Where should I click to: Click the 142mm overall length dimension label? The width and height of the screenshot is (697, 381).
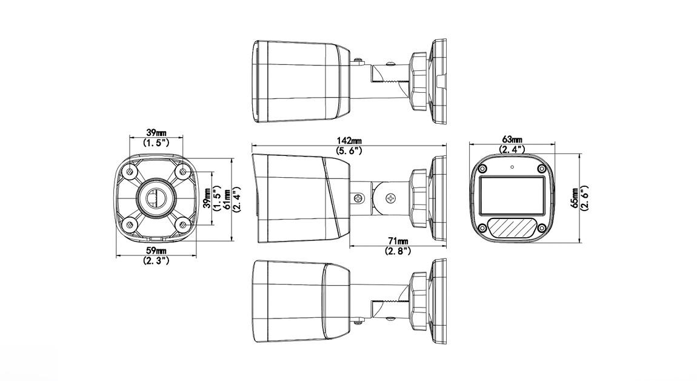pyautogui.click(x=348, y=141)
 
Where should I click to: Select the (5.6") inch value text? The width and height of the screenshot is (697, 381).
pyautogui.click(x=348, y=150)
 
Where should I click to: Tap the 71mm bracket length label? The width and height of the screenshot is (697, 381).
pyautogui.click(x=398, y=241)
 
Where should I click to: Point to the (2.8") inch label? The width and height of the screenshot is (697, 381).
pyautogui.click(x=398, y=250)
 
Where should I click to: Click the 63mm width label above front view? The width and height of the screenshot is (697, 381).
pyautogui.click(x=512, y=140)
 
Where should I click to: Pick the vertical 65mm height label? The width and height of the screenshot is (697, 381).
pyautogui.click(x=575, y=197)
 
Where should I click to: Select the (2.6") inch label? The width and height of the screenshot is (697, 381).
pyautogui.click(x=585, y=197)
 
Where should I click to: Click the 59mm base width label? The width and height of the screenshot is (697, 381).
pyautogui.click(x=156, y=251)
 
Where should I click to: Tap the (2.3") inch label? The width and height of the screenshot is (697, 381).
pyautogui.click(x=156, y=260)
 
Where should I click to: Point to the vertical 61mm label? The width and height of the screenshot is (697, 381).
pyautogui.click(x=226, y=198)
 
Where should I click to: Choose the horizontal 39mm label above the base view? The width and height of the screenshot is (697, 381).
pyautogui.click(x=156, y=133)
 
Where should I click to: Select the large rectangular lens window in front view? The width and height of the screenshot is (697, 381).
pyautogui.click(x=512, y=196)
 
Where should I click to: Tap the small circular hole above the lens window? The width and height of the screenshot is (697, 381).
pyautogui.click(x=512, y=167)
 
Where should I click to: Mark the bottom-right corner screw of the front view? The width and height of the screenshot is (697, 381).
pyautogui.click(x=541, y=228)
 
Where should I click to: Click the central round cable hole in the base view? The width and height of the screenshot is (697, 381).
pyautogui.click(x=155, y=197)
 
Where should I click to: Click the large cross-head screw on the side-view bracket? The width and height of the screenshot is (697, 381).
pyautogui.click(x=391, y=198)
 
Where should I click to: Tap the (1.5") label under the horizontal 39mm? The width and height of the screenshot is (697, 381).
pyautogui.click(x=156, y=143)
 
